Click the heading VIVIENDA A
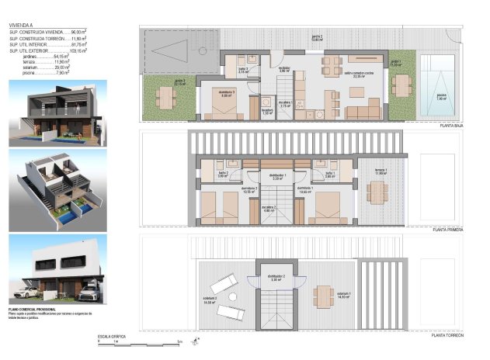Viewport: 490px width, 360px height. coord(22,25)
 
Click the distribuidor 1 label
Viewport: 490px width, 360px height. coord(277,177)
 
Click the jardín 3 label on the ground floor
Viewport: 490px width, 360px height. coord(179,82)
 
